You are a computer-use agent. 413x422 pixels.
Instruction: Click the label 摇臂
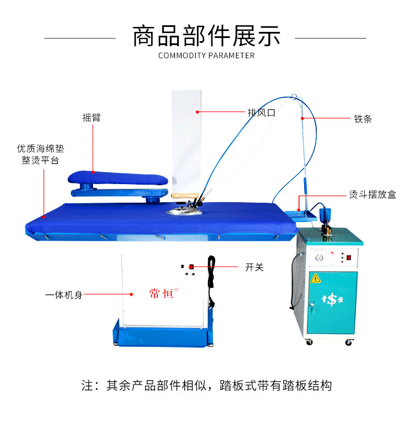coord(91,118)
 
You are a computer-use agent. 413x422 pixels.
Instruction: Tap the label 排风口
coord(261,113)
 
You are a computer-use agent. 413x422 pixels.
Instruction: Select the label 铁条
coord(363,119)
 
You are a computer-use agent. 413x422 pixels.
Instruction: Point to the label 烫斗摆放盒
coord(372,195)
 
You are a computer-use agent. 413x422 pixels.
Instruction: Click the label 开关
coord(254,267)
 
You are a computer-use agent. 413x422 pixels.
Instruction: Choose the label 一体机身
coord(64,295)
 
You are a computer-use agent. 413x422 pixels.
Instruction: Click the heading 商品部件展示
coord(206,36)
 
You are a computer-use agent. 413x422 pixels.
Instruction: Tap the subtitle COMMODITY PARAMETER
coord(206,55)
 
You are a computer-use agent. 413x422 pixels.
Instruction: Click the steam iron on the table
coord(186,204)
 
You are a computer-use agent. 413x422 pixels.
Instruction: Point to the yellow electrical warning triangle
coord(316,279)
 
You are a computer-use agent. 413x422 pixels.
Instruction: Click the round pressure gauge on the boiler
coord(319,258)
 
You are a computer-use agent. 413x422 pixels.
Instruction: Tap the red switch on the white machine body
coord(191,266)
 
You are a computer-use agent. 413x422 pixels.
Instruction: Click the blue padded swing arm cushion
coord(118,178)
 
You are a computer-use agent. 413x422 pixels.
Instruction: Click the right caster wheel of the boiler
coord(349,342)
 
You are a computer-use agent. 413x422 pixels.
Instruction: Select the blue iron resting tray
coord(301,216)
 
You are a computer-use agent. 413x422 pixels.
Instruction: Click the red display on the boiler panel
coord(349,258)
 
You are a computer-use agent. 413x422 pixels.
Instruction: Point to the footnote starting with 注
coord(207,385)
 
